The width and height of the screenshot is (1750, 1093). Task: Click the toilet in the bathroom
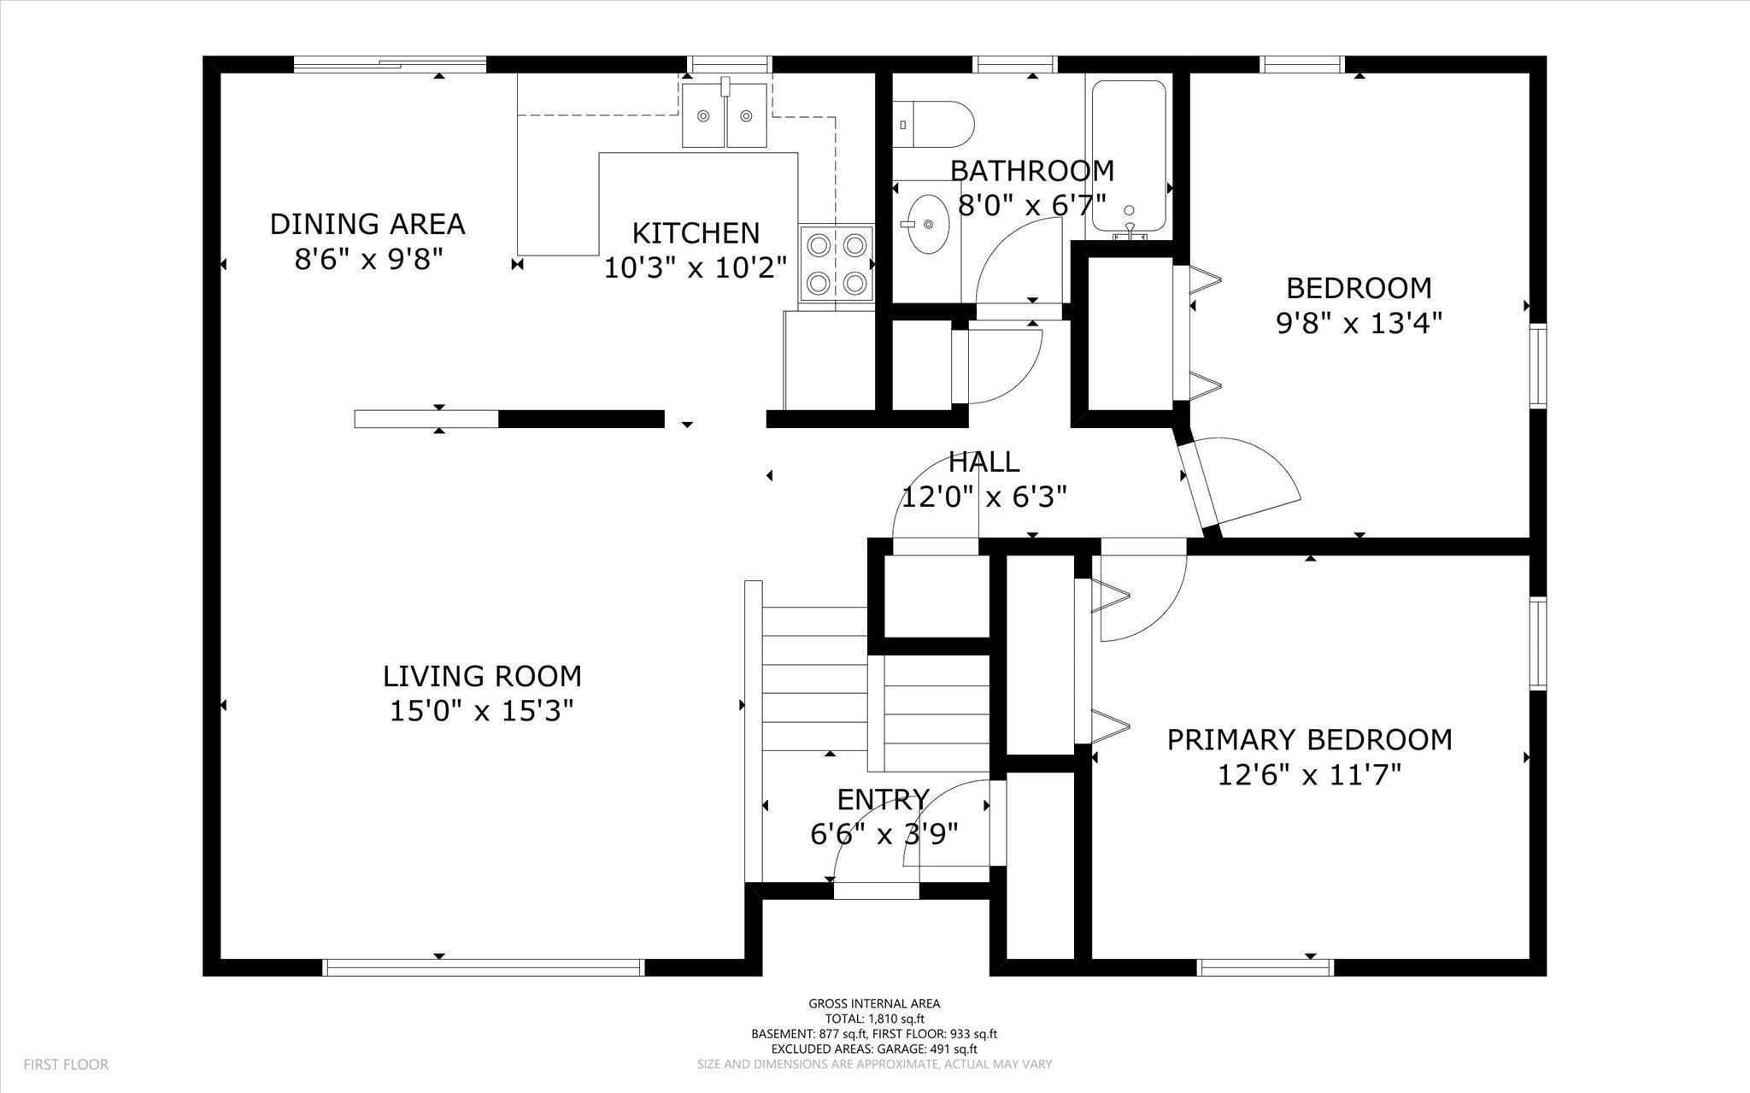click(933, 124)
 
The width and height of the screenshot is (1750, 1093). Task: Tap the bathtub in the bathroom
click(1129, 156)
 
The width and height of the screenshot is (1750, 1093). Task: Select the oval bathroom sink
click(927, 225)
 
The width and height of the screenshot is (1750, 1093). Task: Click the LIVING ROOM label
click(482, 676)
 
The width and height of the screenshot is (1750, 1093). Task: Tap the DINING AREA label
click(367, 224)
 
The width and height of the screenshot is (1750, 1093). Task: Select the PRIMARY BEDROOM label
click(1310, 739)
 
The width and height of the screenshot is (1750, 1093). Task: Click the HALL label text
click(984, 461)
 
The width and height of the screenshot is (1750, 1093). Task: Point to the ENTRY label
click(883, 799)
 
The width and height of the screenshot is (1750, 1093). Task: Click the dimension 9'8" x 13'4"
click(1359, 324)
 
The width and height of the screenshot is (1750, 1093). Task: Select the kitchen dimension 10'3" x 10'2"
click(696, 268)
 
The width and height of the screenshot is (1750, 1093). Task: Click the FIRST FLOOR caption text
click(66, 1065)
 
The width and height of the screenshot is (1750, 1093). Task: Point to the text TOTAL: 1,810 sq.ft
click(874, 1019)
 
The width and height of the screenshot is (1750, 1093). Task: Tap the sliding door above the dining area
click(391, 64)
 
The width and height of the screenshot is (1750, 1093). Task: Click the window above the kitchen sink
click(731, 64)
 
